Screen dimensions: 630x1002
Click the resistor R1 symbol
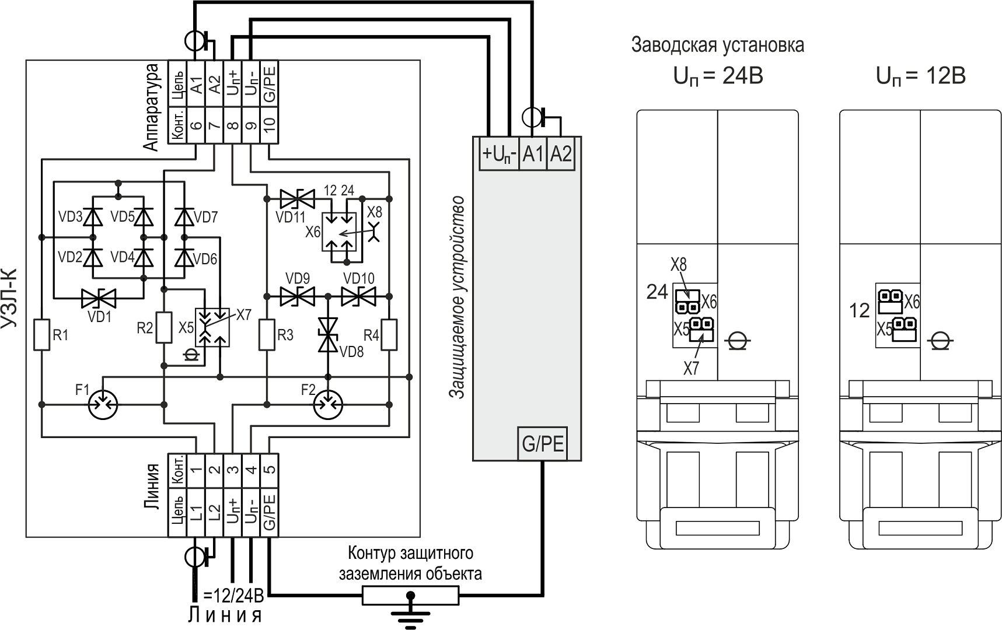coord(41,334)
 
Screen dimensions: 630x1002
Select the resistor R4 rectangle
coord(389,334)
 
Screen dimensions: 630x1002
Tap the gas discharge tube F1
coord(103,404)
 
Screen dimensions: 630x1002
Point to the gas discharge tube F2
coord(328,404)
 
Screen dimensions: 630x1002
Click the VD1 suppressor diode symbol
coord(98,299)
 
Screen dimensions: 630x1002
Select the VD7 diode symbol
coord(184,218)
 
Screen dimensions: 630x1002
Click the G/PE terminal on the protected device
coord(543,444)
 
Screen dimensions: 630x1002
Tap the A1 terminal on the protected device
coord(533,154)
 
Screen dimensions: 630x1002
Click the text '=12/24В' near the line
coord(233,596)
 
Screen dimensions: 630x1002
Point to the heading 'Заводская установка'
coord(718,45)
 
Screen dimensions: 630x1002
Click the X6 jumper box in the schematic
coord(338,232)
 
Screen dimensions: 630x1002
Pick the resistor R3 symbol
coord(267,334)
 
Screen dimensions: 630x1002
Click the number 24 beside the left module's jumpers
coord(657,291)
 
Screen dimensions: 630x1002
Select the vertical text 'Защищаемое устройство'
coord(459,297)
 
